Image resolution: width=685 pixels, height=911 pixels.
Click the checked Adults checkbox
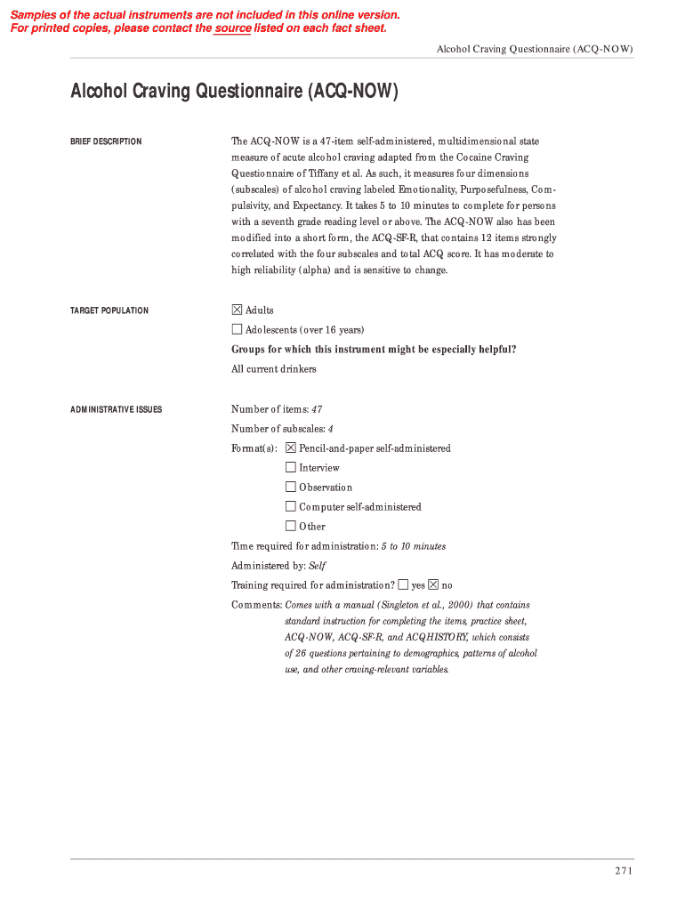pos(237,310)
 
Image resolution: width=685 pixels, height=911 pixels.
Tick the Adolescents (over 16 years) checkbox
pos(237,329)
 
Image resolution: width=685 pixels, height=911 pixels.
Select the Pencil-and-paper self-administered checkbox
pos(291,447)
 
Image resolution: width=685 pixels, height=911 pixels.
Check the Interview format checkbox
pos(291,467)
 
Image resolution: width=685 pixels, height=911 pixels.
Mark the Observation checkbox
pos(291,487)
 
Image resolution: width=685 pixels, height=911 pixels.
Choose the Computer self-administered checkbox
pos(291,506)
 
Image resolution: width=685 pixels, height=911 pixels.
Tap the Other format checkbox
pos(291,526)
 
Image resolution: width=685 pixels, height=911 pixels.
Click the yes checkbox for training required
pos(403,584)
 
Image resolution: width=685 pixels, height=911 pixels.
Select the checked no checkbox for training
pos(433,584)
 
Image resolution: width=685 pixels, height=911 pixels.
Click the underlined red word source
pos(232,28)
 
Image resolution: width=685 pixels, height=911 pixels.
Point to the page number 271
pos(623,871)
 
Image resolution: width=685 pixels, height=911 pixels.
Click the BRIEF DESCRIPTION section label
pos(106,141)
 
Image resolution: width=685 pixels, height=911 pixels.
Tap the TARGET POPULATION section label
pos(109,310)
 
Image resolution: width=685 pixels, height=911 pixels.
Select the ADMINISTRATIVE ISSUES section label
pos(116,409)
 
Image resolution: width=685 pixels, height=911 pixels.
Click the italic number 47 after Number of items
pos(317,409)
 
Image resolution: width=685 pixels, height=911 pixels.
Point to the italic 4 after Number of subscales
pos(330,429)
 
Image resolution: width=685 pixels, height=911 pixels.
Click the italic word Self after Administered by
pos(318,566)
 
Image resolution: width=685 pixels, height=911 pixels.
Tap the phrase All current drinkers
pos(273,369)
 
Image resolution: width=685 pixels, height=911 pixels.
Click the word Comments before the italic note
pos(256,605)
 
